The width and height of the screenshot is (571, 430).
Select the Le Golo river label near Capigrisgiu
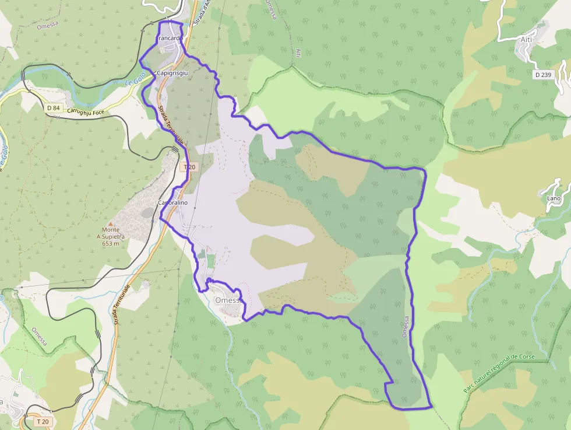click(135, 83)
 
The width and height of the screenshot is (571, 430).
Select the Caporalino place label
click(174, 203)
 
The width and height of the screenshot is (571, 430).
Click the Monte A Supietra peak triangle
click(111, 223)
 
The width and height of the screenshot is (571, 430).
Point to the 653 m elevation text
click(111, 243)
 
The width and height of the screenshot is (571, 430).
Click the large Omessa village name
click(228, 300)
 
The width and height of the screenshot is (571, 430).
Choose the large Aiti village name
click(527, 40)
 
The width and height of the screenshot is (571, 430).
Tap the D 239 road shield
click(543, 75)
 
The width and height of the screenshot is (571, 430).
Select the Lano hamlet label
click(554, 198)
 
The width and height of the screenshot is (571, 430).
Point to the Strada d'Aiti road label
click(202, 12)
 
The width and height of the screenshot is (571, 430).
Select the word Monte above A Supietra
click(111, 230)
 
